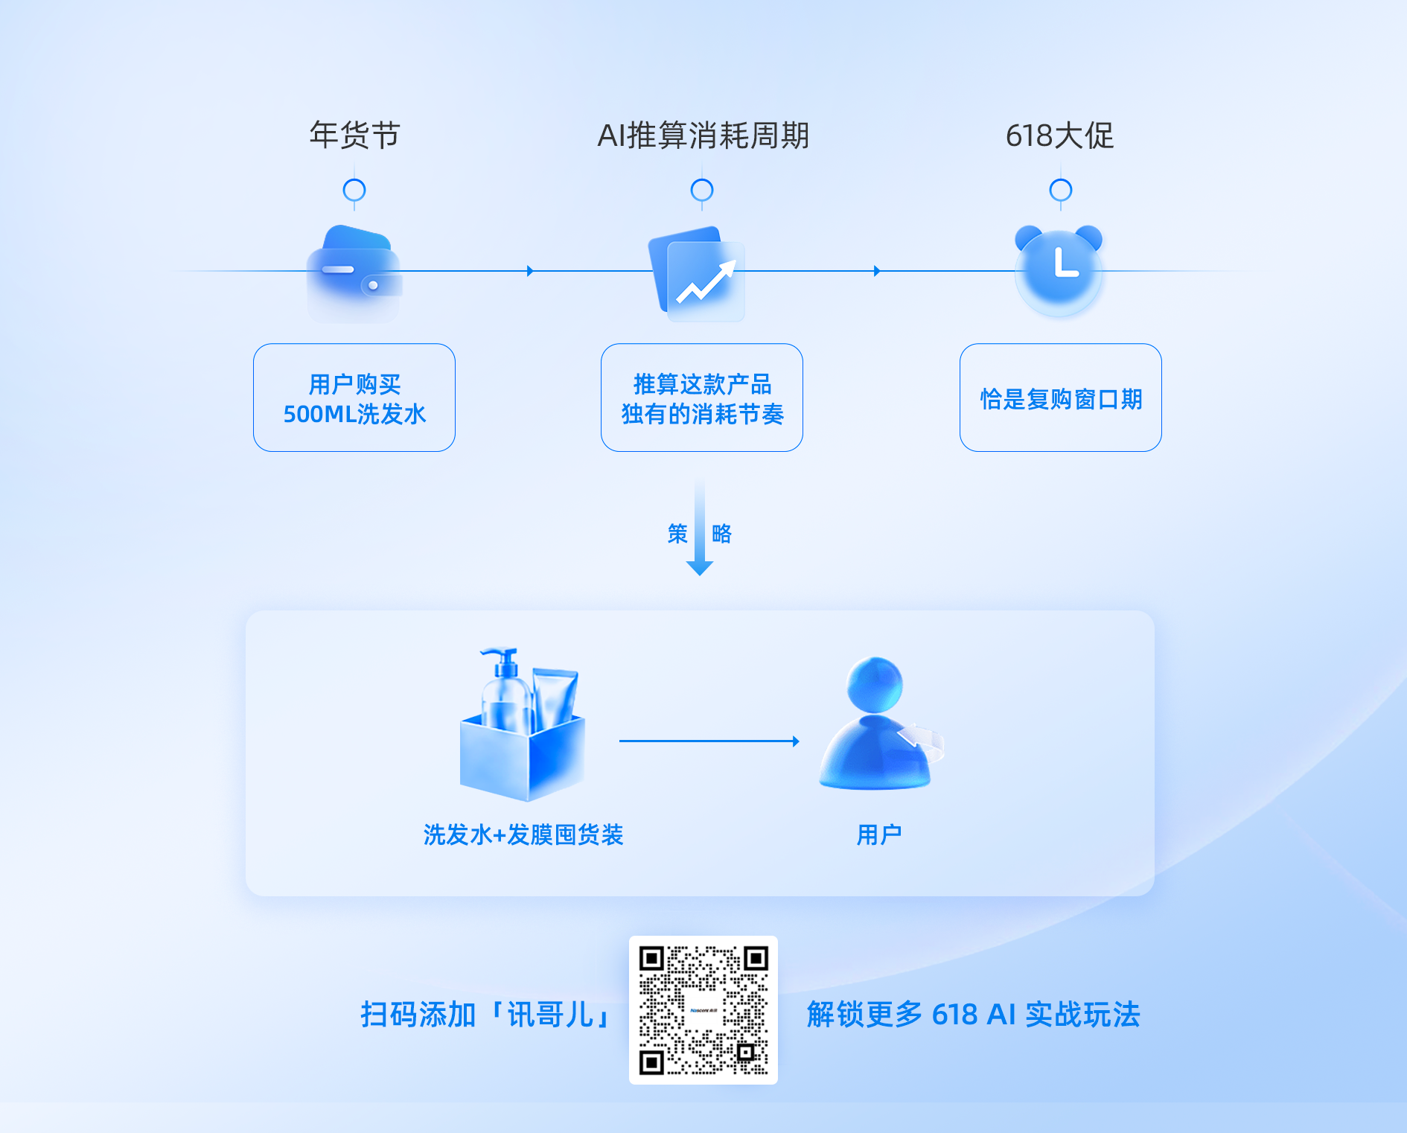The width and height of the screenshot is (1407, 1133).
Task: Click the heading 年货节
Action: [x=354, y=135]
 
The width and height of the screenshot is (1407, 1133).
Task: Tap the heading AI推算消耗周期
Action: [x=703, y=135]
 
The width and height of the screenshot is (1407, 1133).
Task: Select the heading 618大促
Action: [x=1059, y=135]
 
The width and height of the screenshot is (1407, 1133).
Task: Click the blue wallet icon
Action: [x=354, y=272]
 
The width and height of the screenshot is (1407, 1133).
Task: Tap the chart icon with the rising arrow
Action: [x=698, y=274]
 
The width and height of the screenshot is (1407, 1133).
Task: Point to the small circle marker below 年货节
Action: [x=354, y=191]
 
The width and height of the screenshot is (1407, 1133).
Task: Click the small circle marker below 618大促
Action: [x=1060, y=191]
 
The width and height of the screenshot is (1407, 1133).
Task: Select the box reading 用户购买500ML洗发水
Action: [x=354, y=398]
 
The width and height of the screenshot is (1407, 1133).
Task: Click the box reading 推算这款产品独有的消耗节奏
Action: [x=702, y=398]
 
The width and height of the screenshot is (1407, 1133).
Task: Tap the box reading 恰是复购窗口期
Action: [x=1061, y=398]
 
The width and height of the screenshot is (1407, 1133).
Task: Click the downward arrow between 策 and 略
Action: [x=700, y=529]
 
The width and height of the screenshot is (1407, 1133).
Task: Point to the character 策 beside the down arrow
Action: [x=677, y=534]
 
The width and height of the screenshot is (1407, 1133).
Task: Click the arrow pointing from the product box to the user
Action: [x=709, y=741]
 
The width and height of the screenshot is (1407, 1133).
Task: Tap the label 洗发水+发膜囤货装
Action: [x=523, y=834]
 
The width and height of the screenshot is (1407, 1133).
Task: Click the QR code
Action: [x=703, y=1010]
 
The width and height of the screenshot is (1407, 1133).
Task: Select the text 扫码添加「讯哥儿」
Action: [x=488, y=1015]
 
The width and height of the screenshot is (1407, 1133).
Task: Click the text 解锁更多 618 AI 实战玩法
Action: [x=974, y=1015]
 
